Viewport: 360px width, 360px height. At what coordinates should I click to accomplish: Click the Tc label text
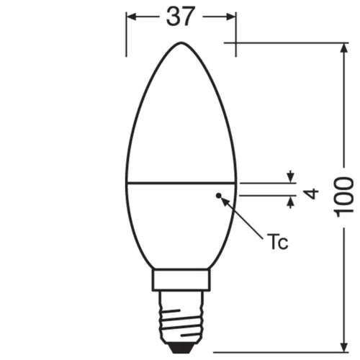[x=278, y=242]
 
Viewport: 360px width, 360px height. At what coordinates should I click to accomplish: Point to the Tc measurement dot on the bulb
[x=219, y=194]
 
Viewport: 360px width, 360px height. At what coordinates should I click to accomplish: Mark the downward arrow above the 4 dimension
[x=291, y=177]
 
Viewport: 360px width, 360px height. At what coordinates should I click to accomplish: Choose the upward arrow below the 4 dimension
[x=291, y=201]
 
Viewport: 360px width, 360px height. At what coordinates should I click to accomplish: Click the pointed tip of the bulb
[x=181, y=44]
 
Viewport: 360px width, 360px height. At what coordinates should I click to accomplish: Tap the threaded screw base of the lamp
[x=181, y=316]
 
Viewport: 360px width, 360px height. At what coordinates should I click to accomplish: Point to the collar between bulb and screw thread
[x=181, y=282]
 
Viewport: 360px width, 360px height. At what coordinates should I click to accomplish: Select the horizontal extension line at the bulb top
[x=288, y=43]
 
